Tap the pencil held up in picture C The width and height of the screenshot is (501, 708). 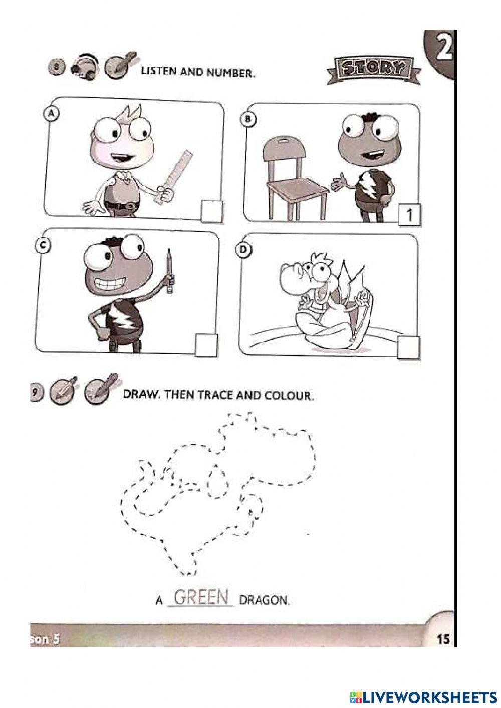pos(170,271)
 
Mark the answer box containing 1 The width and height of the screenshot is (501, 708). pos(409,215)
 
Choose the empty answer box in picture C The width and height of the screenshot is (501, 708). pos(206,345)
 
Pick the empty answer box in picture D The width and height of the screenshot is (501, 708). pos(408,348)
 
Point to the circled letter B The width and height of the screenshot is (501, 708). pos(248,119)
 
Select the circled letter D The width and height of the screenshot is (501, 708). pos(243,250)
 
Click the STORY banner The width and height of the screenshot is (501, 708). pos(374,70)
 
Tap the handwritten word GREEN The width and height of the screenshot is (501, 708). pos(201,597)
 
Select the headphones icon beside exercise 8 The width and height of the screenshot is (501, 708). pos(84,67)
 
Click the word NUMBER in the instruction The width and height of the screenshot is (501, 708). pos(230,73)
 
